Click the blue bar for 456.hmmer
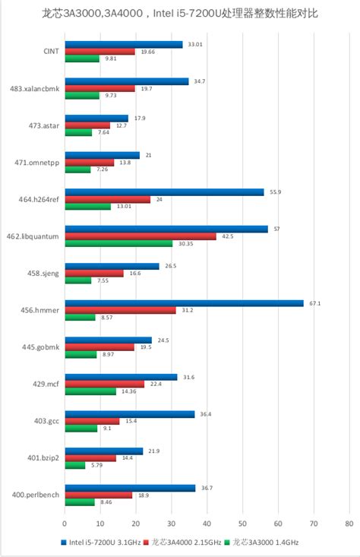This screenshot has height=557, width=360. (184, 303)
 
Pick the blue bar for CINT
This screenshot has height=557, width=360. (123, 44)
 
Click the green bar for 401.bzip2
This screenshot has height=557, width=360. (74, 465)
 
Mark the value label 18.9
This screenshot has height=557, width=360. (142, 495)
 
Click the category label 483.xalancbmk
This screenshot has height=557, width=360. (36, 89)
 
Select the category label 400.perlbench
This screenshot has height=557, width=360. (35, 495)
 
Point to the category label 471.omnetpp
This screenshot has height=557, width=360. (38, 163)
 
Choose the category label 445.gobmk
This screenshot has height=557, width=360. (41, 347)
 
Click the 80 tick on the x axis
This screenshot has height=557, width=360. (349, 524)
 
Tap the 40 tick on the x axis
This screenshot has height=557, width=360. (207, 524)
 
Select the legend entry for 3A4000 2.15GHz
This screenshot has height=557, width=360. (186, 543)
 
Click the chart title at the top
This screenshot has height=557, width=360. (180, 14)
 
